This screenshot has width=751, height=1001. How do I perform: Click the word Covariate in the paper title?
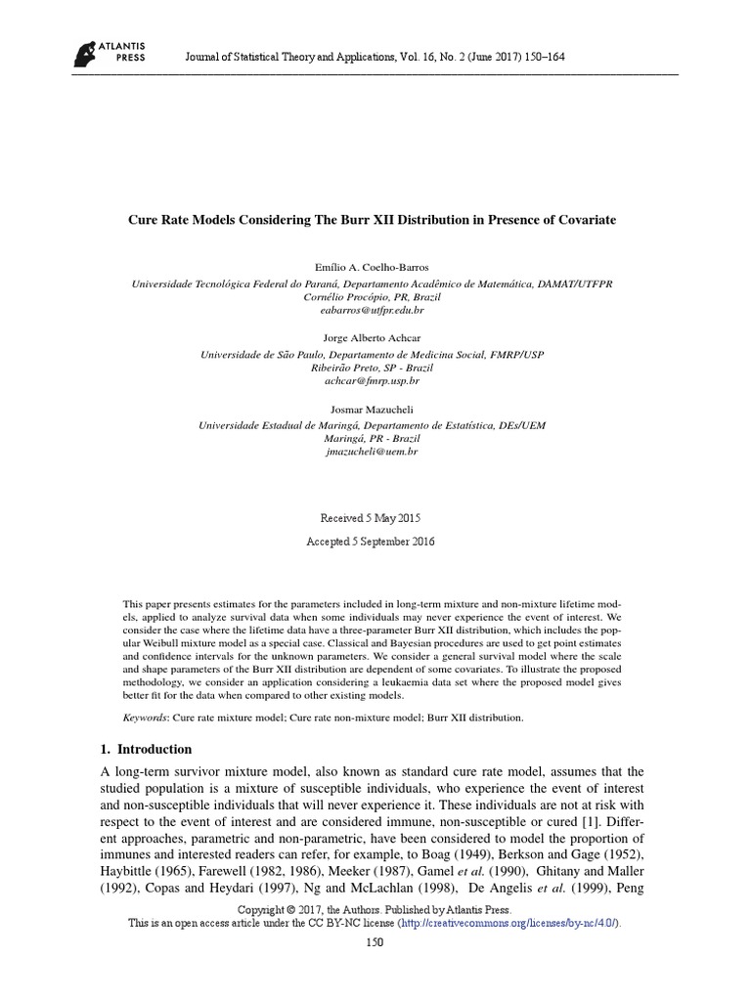pos(584,221)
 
